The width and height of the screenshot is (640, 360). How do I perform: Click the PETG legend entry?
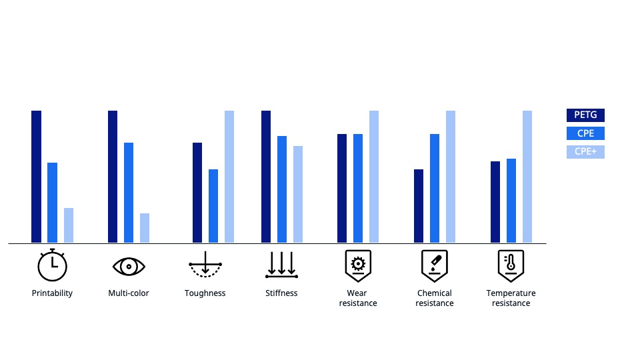585,115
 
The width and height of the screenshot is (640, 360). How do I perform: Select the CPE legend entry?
585,133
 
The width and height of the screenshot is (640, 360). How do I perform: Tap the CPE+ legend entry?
585,152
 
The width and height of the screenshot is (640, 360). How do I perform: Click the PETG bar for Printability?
37,177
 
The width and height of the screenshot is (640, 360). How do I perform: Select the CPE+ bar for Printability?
69,225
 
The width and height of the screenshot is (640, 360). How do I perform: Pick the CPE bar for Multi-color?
129,193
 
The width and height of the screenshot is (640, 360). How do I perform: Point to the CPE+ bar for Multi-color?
145,228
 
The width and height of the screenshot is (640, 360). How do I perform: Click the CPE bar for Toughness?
213,206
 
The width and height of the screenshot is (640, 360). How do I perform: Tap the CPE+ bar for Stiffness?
298,195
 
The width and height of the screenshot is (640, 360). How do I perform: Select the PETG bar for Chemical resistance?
419,206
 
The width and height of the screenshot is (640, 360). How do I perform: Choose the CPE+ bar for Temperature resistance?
527,177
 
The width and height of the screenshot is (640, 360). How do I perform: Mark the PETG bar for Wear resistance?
342,189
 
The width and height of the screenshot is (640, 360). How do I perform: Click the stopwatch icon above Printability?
52,265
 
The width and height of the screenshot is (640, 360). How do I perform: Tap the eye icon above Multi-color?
129,266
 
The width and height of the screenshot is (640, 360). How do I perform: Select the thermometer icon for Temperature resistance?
511,265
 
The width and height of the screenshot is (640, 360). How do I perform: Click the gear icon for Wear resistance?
358,265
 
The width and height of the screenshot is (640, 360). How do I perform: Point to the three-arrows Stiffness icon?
281,265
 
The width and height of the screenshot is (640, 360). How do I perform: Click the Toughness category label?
205,293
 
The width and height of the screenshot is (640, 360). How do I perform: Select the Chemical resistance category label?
435,298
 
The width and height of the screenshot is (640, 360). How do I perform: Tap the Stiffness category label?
281,293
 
